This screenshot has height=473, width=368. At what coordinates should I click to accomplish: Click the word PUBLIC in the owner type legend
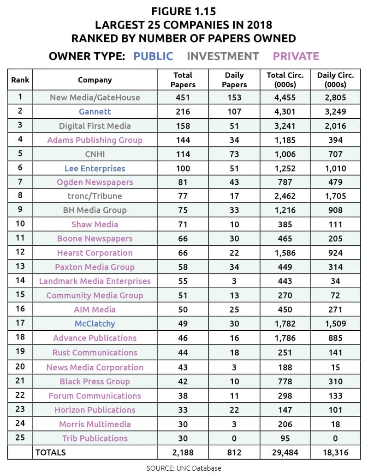click(x=153, y=56)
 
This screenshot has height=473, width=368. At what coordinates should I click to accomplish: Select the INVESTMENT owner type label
click(x=223, y=56)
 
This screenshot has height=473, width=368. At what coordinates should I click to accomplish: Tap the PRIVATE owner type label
click(x=296, y=56)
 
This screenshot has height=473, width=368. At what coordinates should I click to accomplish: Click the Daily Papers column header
click(x=235, y=79)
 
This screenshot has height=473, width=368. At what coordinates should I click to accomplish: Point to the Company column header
click(x=95, y=79)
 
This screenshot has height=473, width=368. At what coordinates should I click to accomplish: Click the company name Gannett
click(x=95, y=111)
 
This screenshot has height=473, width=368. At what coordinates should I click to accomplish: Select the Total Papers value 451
click(x=184, y=97)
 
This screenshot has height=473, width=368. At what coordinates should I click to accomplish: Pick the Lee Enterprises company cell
click(x=95, y=168)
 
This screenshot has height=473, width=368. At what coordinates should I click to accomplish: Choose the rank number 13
click(x=20, y=267)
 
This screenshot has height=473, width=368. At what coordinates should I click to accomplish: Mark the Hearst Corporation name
click(x=95, y=253)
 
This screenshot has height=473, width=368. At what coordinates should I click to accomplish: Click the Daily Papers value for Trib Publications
click(x=235, y=438)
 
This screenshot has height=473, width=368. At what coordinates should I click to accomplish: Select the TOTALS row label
click(x=51, y=452)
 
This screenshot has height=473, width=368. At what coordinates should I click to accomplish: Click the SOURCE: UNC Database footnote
click(x=184, y=468)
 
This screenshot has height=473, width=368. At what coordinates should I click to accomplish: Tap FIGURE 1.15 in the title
click(x=184, y=10)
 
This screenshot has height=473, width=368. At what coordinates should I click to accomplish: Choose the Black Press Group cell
click(x=95, y=381)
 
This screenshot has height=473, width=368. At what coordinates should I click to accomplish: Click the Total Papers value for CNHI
click(x=184, y=154)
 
